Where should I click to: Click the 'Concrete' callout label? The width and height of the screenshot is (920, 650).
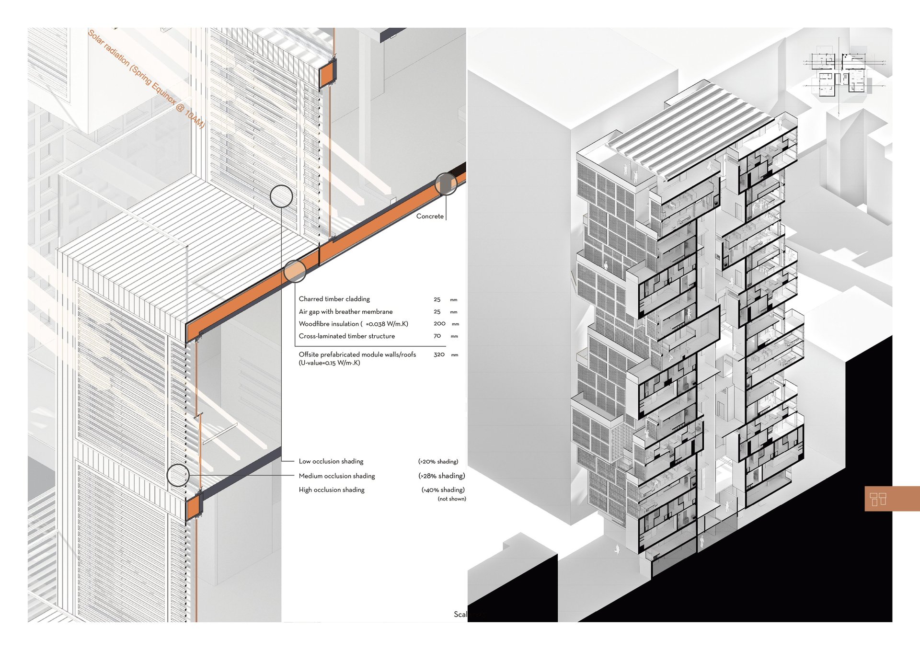pyautogui.click(x=430, y=217)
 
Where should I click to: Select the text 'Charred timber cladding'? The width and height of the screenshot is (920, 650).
pyautogui.click(x=334, y=299)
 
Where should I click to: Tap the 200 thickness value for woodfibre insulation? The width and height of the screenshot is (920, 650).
pyautogui.click(x=439, y=324)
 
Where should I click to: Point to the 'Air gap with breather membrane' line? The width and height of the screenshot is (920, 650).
pyautogui.click(x=345, y=311)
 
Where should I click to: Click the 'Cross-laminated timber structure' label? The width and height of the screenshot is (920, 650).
pyautogui.click(x=346, y=336)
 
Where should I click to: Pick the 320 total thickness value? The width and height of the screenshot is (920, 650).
pyautogui.click(x=439, y=354)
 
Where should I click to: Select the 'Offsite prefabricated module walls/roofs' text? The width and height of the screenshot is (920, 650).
pyautogui.click(x=357, y=354)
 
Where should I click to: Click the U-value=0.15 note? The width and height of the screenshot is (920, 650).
pyautogui.click(x=329, y=363)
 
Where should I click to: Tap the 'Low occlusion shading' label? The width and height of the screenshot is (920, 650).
pyautogui.click(x=331, y=461)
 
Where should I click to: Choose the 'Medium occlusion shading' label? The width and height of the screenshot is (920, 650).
pyautogui.click(x=336, y=476)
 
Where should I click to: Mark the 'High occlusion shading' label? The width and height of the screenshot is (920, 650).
pyautogui.click(x=331, y=490)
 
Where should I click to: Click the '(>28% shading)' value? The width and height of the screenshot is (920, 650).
pyautogui.click(x=441, y=476)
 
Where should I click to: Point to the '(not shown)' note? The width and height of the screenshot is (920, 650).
pyautogui.click(x=451, y=499)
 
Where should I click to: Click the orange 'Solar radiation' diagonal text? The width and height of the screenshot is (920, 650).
pyautogui.click(x=146, y=79)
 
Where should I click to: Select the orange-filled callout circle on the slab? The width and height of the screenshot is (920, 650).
pyautogui.click(x=295, y=271)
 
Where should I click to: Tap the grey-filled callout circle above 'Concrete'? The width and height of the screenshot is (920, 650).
pyautogui.click(x=446, y=184)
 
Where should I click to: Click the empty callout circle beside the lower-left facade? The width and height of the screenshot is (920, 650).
pyautogui.click(x=178, y=475)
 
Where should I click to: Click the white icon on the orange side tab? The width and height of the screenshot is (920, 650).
pyautogui.click(x=878, y=499)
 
